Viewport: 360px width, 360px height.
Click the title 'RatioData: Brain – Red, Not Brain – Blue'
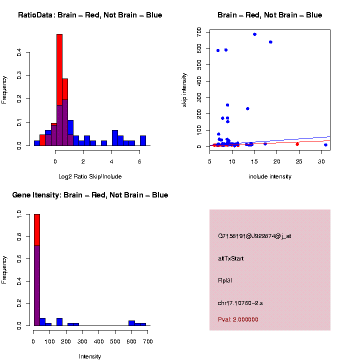[90, 15]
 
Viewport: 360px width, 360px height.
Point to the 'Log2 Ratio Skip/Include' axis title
[90, 176]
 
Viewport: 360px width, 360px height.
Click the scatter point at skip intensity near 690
[254, 34]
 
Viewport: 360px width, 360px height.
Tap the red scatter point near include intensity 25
[297, 144]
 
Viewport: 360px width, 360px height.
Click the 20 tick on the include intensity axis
[277, 160]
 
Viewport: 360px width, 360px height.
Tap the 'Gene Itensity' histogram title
[90, 195]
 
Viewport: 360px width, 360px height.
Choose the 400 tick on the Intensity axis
[99, 341]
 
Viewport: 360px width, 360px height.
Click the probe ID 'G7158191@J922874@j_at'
[254, 236]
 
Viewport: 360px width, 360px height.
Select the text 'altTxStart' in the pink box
[231, 258]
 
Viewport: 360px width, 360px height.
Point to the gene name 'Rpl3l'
[225, 280]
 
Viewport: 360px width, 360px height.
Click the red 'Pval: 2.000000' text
[238, 319]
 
